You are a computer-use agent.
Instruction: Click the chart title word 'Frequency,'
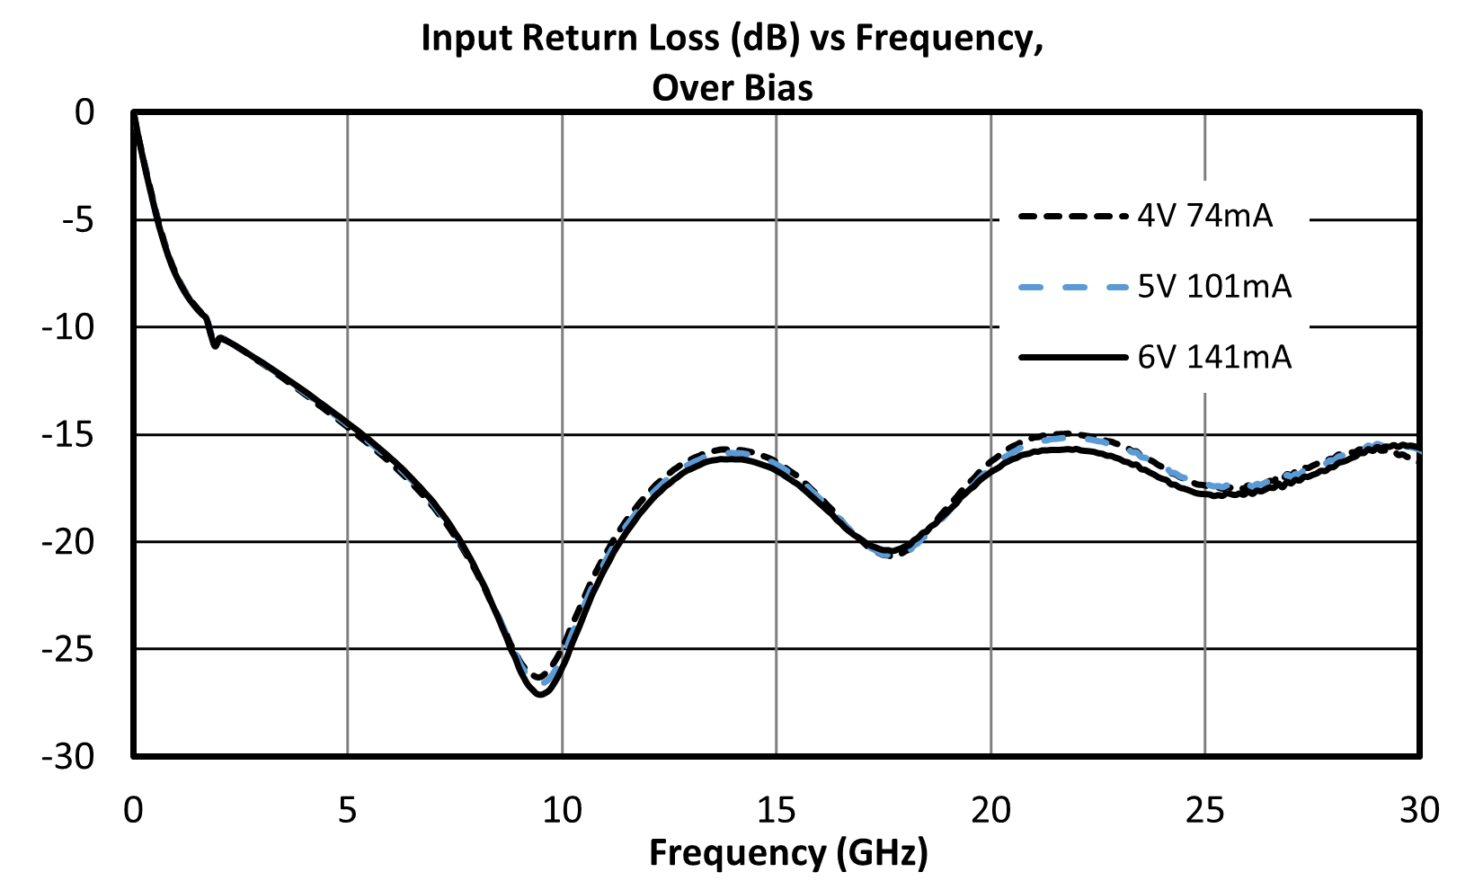coord(949,39)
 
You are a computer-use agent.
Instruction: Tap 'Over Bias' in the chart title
coord(733,88)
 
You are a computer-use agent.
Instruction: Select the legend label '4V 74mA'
coord(1205,216)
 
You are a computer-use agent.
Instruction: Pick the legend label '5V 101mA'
coord(1215,287)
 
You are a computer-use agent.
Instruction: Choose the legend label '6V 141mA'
coord(1215,358)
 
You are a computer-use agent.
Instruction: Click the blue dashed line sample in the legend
coord(1072,288)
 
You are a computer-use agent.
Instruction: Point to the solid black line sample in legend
coord(1072,358)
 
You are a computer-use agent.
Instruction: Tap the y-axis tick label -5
coord(78,220)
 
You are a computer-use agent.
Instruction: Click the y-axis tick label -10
coord(68,328)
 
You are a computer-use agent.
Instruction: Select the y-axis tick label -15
coord(68,435)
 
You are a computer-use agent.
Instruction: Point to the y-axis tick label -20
coord(68,543)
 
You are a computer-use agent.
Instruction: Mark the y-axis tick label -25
coord(68,650)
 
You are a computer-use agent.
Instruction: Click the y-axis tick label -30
coord(68,757)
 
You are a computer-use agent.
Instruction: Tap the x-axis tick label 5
coord(348,810)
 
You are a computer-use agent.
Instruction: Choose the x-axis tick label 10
coord(562,810)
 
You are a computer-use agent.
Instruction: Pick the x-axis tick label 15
coord(777,810)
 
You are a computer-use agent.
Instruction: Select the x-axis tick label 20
coord(991,810)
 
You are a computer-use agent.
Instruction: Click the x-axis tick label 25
coord(1205,810)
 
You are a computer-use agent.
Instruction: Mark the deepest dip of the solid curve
coord(540,694)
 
